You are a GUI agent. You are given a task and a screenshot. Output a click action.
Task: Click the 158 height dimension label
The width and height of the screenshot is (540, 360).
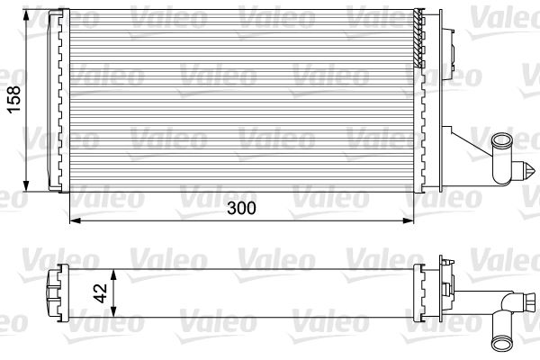tap(14, 100)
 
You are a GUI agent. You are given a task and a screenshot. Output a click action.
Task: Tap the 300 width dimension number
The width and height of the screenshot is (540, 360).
tap(241, 208)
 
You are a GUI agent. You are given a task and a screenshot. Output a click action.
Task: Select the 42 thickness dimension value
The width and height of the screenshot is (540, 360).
tap(101, 293)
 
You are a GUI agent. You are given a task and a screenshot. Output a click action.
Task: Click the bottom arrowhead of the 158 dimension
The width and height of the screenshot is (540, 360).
tap(26, 186)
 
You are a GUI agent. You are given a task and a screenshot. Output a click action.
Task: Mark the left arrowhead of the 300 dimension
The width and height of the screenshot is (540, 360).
tap(76, 220)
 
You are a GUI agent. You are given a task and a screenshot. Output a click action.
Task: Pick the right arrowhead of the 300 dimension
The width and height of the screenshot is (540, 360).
tap(408, 220)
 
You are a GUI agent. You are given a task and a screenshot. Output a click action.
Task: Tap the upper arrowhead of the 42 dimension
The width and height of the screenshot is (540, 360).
tap(114, 275)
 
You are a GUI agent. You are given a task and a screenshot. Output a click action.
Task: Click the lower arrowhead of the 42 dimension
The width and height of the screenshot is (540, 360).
tap(114, 311)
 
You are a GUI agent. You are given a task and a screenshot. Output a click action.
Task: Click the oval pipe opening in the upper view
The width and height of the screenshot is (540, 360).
tap(502, 141)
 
